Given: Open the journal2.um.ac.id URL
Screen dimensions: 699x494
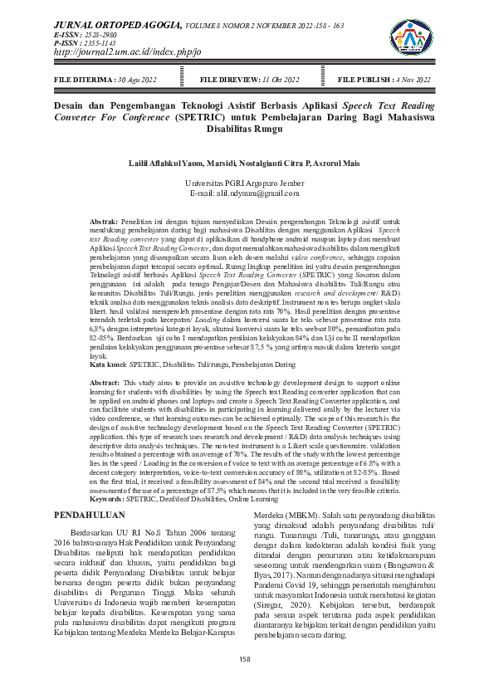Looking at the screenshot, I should click(x=127, y=52).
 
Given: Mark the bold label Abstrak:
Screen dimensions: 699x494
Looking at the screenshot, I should click(x=104, y=222).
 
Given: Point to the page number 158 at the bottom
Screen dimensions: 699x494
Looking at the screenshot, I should click(x=245, y=659).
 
